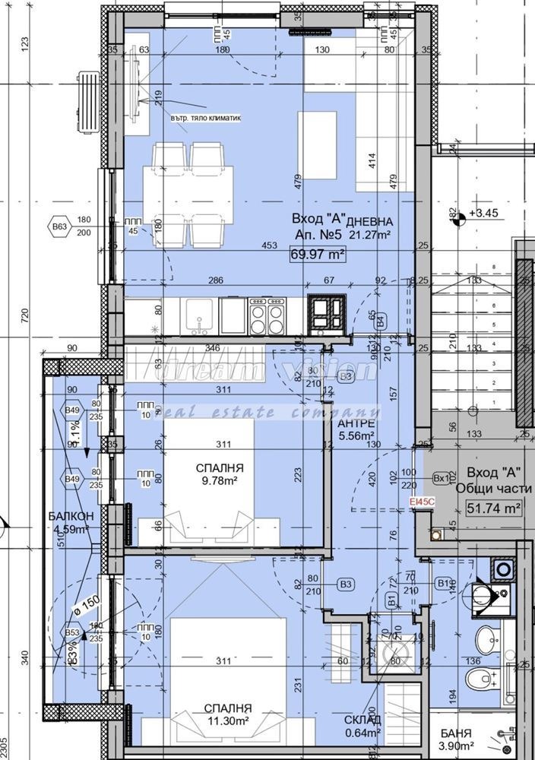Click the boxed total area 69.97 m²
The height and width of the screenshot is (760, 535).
[318, 255]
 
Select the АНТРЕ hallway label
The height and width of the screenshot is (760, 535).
[356, 423]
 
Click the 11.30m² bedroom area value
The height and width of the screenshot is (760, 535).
[222, 720]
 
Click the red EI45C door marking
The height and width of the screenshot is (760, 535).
[421, 502]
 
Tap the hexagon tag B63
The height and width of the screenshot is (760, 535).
[58, 226]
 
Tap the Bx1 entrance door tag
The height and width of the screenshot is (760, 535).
[441, 479]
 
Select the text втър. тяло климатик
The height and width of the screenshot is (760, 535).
[205, 119]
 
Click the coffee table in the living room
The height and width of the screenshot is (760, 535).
[318, 134]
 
